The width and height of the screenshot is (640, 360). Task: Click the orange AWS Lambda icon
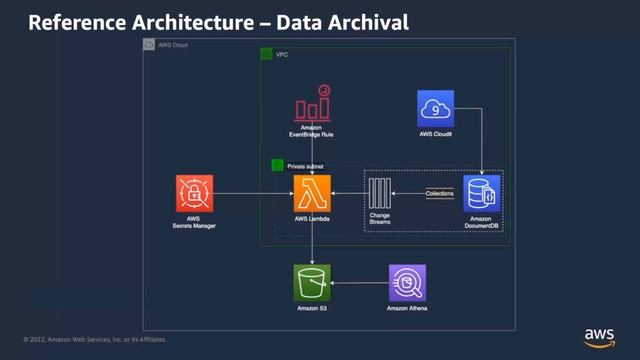point(312,193)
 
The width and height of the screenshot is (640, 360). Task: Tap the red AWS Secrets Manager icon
point(194,193)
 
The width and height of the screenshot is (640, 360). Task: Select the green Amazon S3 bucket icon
point(312,283)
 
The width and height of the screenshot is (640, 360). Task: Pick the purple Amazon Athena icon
point(407,283)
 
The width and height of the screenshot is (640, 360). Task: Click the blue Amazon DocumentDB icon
point(483,193)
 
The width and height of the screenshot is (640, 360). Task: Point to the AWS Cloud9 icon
point(437,108)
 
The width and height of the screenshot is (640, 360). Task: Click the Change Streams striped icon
point(380,193)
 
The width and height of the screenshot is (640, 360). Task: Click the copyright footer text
point(95,339)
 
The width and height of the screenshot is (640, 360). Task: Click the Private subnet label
point(305,165)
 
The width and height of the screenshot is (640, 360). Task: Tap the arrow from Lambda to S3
point(312,240)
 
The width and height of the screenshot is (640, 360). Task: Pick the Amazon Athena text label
point(407,309)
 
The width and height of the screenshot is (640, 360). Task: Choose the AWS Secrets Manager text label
point(194,223)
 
